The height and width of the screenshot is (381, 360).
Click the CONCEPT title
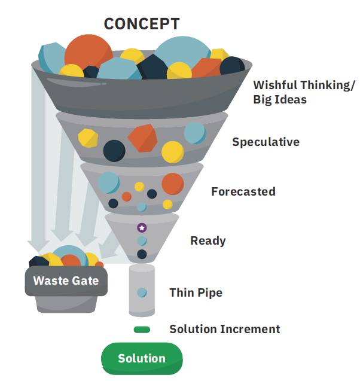point(141,23)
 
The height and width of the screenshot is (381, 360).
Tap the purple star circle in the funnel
point(142,227)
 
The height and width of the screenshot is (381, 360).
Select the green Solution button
point(142,358)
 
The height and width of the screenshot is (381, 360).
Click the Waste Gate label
point(66,281)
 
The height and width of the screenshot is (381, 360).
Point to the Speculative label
point(266,142)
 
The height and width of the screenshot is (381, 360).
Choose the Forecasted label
point(243,191)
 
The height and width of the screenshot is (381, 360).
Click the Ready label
point(208,240)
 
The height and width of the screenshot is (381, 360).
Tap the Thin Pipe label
point(196,292)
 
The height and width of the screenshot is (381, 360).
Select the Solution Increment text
point(224,329)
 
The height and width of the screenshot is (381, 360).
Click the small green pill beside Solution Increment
point(142,329)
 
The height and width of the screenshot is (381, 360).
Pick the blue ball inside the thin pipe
point(142,292)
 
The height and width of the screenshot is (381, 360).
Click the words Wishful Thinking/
point(303,84)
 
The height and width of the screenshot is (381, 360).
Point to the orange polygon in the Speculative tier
point(142,138)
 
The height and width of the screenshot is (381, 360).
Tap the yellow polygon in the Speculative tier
point(88,138)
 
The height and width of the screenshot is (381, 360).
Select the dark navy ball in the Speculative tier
point(114,150)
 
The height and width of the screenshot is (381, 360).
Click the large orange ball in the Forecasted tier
point(172,184)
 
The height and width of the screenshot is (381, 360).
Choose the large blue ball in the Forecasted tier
point(108,182)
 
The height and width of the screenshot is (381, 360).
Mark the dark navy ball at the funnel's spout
point(142,254)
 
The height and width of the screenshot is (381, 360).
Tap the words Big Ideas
point(279,99)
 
